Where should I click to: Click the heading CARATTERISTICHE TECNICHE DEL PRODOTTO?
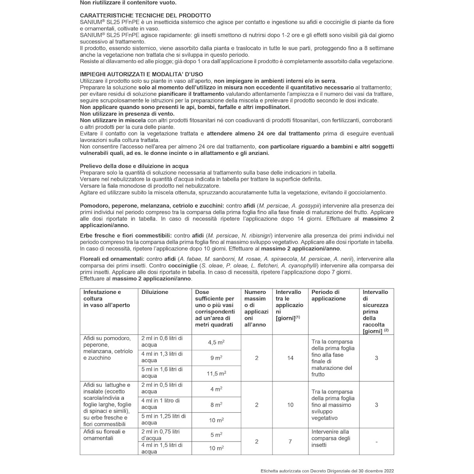pyautogui.click(x=145, y=15)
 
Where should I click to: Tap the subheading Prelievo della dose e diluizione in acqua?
pyautogui.click(x=134, y=166)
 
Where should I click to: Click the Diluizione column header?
pyautogui.click(x=155, y=292)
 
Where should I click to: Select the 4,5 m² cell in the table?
pyautogui.click(x=216, y=342)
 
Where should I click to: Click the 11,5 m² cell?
pyautogui.click(x=216, y=373)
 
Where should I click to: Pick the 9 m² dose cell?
pyautogui.click(x=216, y=358)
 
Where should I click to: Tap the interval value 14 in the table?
pyautogui.click(x=290, y=358)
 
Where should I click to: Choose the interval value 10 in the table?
pyautogui.click(x=290, y=404)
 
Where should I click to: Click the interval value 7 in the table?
pyautogui.click(x=290, y=441)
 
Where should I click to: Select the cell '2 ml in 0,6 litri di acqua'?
pyautogui.click(x=162, y=342)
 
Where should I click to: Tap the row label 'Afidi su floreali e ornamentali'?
pyautogui.click(x=104, y=435)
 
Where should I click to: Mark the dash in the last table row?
pyautogui.click(x=376, y=442)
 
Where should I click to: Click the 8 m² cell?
pyautogui.click(x=216, y=404)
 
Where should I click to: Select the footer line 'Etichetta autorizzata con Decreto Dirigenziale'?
pyautogui.click(x=327, y=470)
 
